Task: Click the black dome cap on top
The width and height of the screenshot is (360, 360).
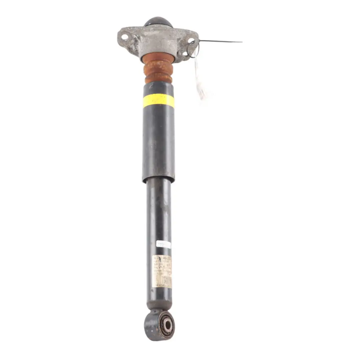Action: click(x=158, y=22)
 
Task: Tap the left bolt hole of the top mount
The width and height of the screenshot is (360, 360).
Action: click(x=125, y=37)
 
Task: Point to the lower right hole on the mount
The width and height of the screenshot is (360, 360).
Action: click(x=185, y=53)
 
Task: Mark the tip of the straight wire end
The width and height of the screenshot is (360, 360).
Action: click(x=241, y=42)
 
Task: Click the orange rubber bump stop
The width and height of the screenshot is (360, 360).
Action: click(x=158, y=68)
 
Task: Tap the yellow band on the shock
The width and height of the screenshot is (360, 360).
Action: click(x=159, y=101)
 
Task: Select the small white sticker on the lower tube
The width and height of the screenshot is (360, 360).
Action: click(x=163, y=245)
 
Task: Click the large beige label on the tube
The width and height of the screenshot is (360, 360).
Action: click(x=162, y=271)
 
